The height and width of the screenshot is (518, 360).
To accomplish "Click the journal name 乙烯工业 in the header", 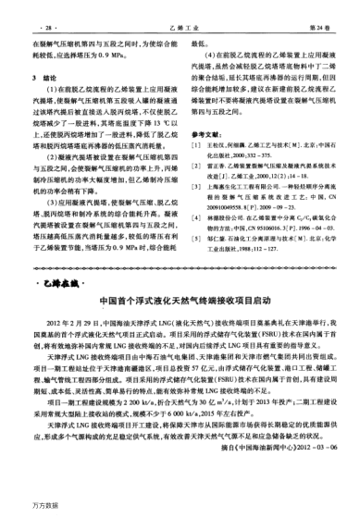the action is point(180,14).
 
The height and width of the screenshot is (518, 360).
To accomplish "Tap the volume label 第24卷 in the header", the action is point(323,14).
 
